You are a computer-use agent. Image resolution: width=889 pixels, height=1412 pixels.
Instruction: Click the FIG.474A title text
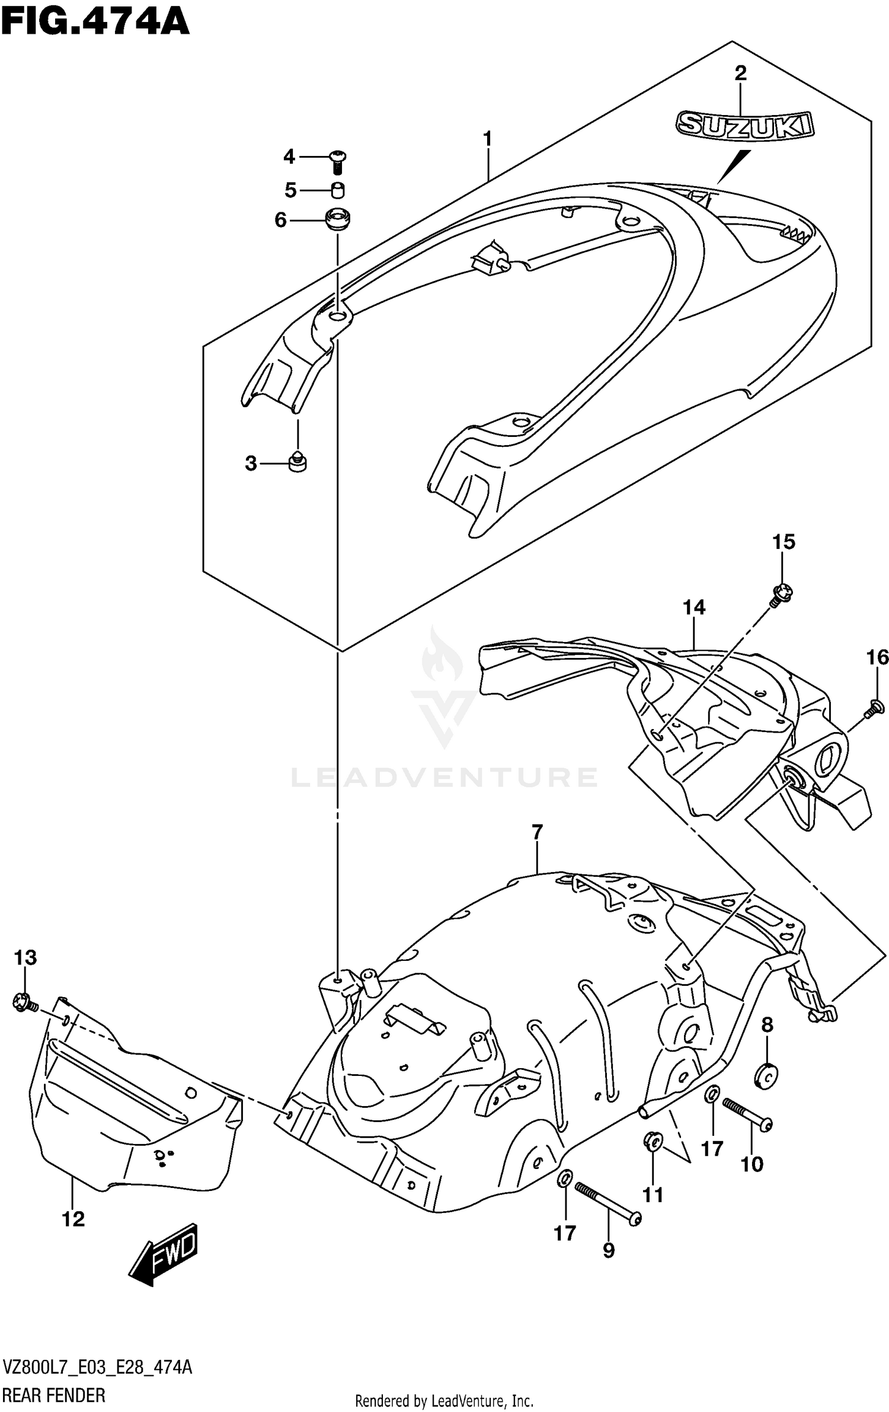click(95, 23)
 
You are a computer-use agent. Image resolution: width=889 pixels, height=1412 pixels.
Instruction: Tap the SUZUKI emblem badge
click(745, 126)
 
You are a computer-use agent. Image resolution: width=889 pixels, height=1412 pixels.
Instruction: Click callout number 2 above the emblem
click(740, 74)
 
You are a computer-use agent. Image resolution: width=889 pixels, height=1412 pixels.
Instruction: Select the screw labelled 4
click(338, 160)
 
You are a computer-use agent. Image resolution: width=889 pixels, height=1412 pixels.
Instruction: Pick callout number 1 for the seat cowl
click(487, 139)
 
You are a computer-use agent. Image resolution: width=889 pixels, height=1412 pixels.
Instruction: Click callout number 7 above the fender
click(537, 832)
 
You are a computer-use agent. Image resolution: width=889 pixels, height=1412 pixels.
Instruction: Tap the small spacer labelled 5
click(338, 190)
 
